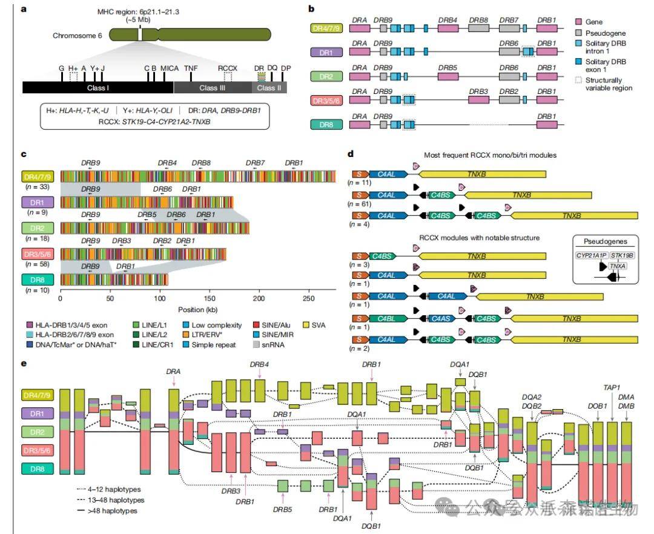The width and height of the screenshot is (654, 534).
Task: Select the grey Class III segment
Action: click(x=212, y=88)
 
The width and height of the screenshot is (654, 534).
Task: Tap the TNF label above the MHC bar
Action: click(x=191, y=68)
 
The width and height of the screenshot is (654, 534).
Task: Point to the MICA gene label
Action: click(x=170, y=68)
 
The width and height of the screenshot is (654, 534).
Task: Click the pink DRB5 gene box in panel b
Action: click(x=448, y=78)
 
